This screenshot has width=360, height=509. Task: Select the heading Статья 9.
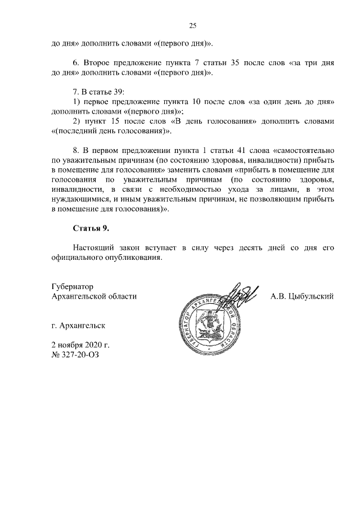91,228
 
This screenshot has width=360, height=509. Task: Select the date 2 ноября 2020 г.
79,344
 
